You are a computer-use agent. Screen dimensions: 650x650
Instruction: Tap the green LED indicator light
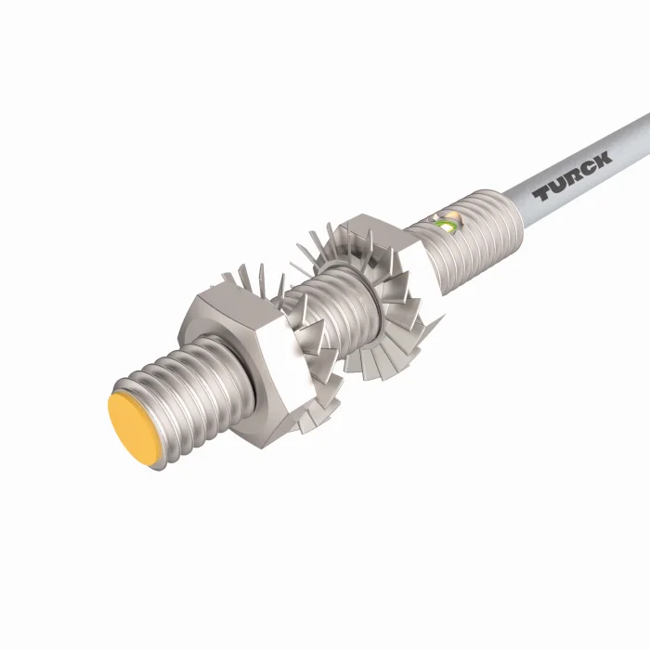pos(448,226)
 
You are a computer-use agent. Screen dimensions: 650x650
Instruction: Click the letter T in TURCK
pos(541,194)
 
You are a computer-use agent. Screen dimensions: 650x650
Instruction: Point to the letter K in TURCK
pos(603,160)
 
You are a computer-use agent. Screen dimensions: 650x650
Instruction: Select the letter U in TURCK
pos(557,186)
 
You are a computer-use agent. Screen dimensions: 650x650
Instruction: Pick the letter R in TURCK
pos(573,176)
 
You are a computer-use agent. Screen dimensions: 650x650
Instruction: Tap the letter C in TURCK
pos(588,168)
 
